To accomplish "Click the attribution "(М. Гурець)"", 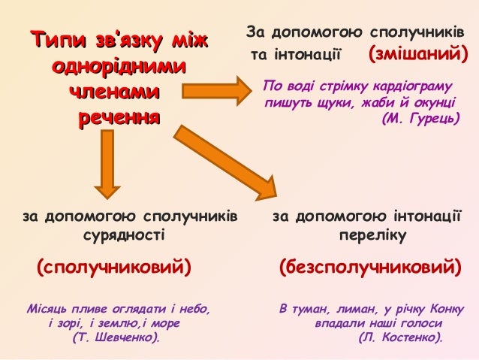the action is pos(420,119).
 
